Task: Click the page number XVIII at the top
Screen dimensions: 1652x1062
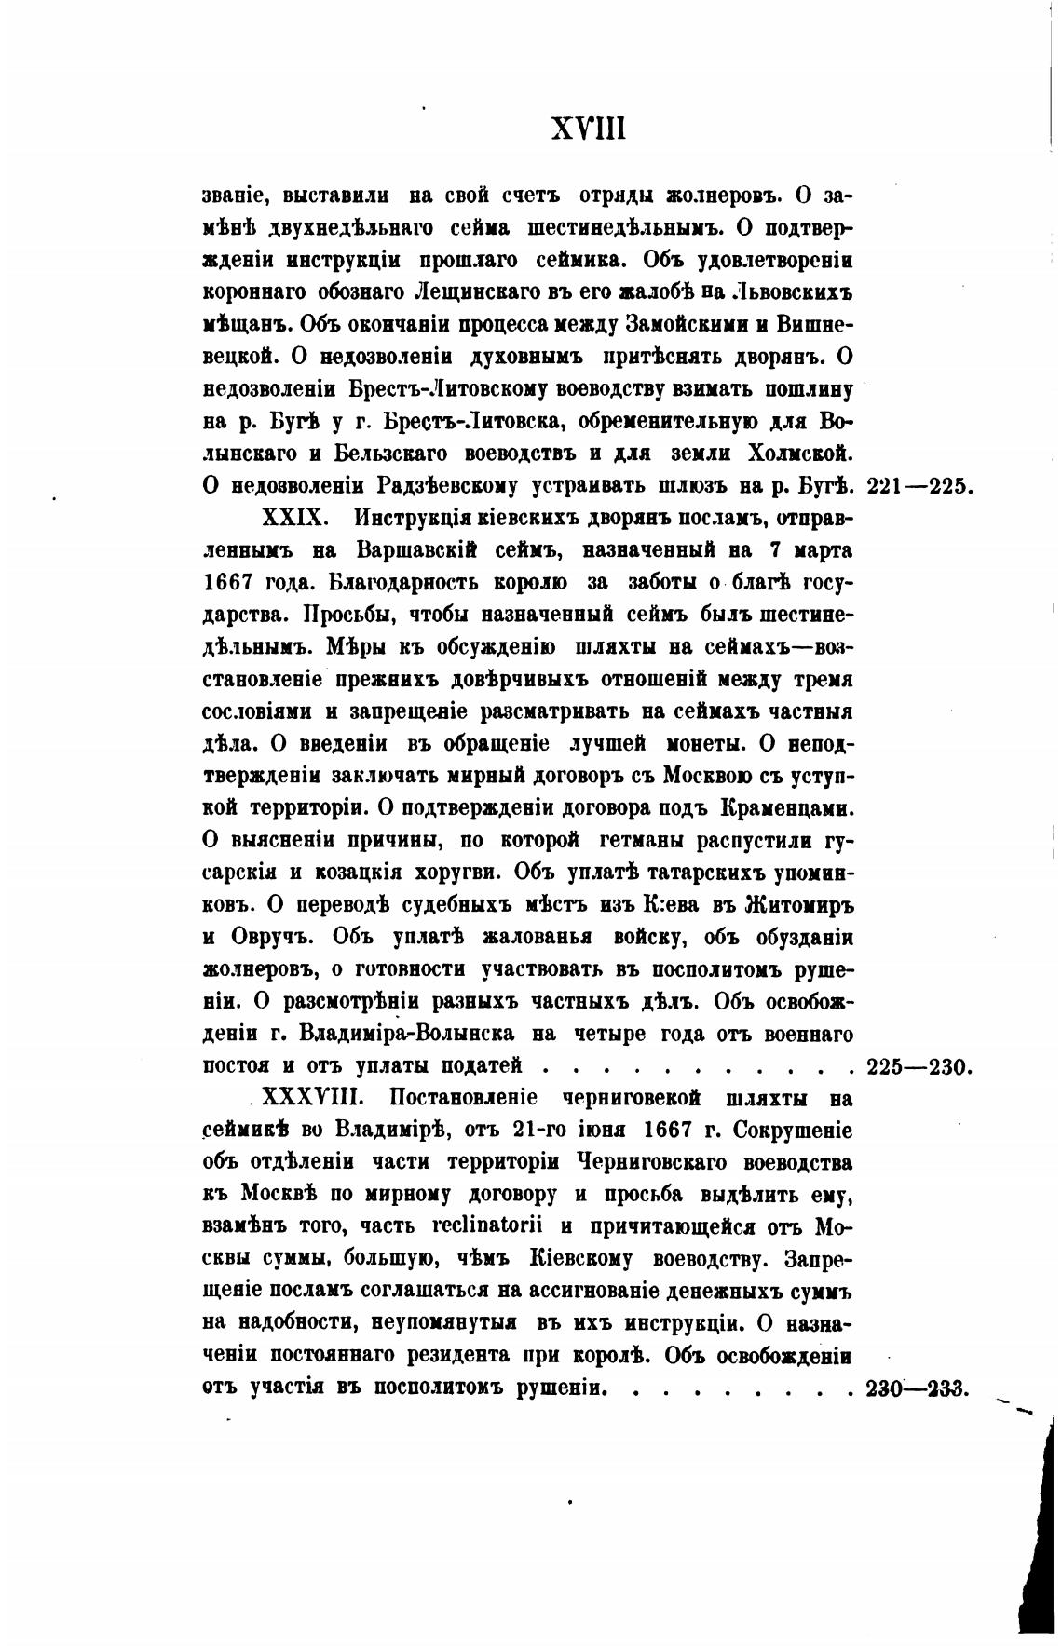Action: (589, 129)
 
